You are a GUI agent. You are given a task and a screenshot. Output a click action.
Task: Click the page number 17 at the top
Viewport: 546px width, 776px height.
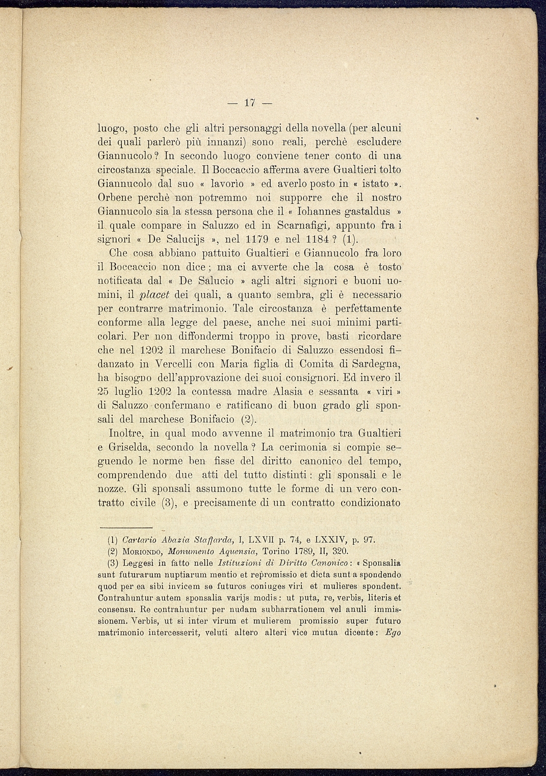tap(249, 102)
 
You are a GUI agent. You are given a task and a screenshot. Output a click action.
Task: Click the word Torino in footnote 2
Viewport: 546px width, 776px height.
tap(275, 551)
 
